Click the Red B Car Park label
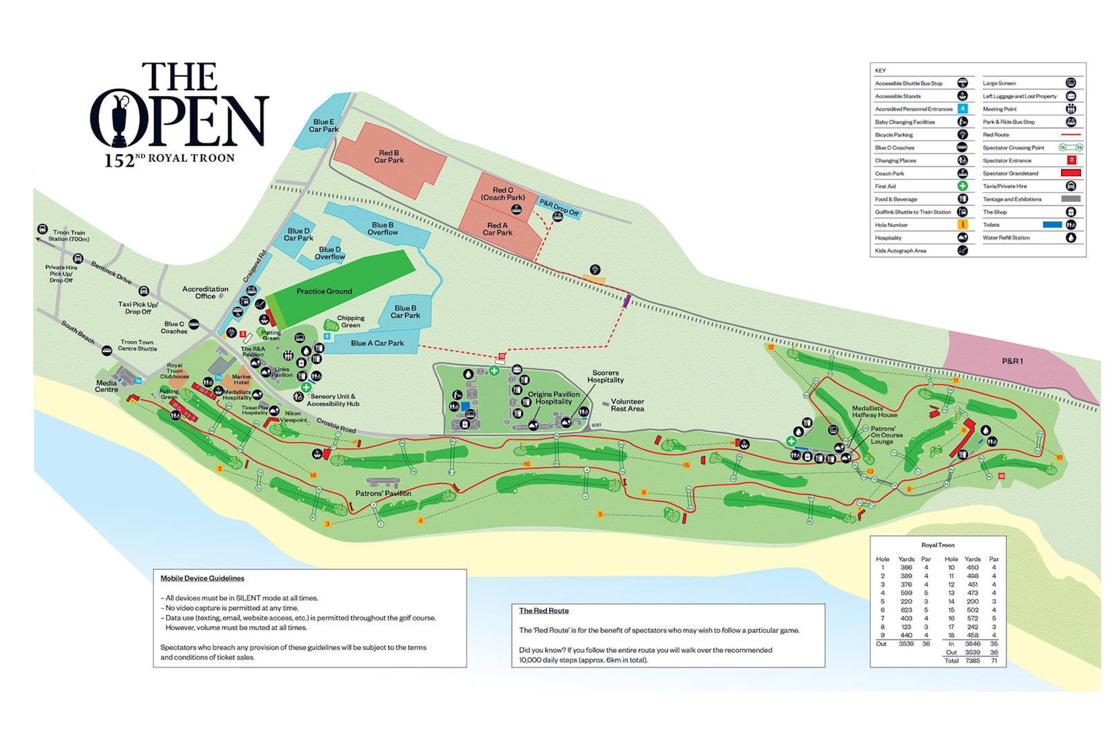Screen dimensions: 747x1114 (x=389, y=157)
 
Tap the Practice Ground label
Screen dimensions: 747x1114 (x=324, y=291)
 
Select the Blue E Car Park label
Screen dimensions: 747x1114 (x=323, y=125)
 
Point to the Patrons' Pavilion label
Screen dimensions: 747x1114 (x=383, y=493)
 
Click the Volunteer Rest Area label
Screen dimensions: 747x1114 (x=627, y=405)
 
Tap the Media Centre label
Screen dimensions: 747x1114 (x=106, y=386)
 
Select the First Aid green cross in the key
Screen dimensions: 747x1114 (x=962, y=186)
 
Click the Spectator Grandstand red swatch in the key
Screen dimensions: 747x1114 (x=1070, y=173)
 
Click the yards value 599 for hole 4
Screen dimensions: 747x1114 (x=906, y=593)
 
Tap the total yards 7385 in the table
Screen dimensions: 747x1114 (x=972, y=661)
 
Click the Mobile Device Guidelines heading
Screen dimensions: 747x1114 (x=202, y=578)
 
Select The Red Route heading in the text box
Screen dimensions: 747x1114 (x=544, y=611)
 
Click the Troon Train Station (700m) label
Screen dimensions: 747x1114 (x=68, y=236)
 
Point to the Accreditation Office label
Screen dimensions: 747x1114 (x=205, y=292)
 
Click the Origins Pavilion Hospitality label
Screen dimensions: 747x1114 (x=553, y=398)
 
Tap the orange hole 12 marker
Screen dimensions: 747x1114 (x=771, y=347)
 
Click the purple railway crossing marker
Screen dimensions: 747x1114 (x=626, y=301)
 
